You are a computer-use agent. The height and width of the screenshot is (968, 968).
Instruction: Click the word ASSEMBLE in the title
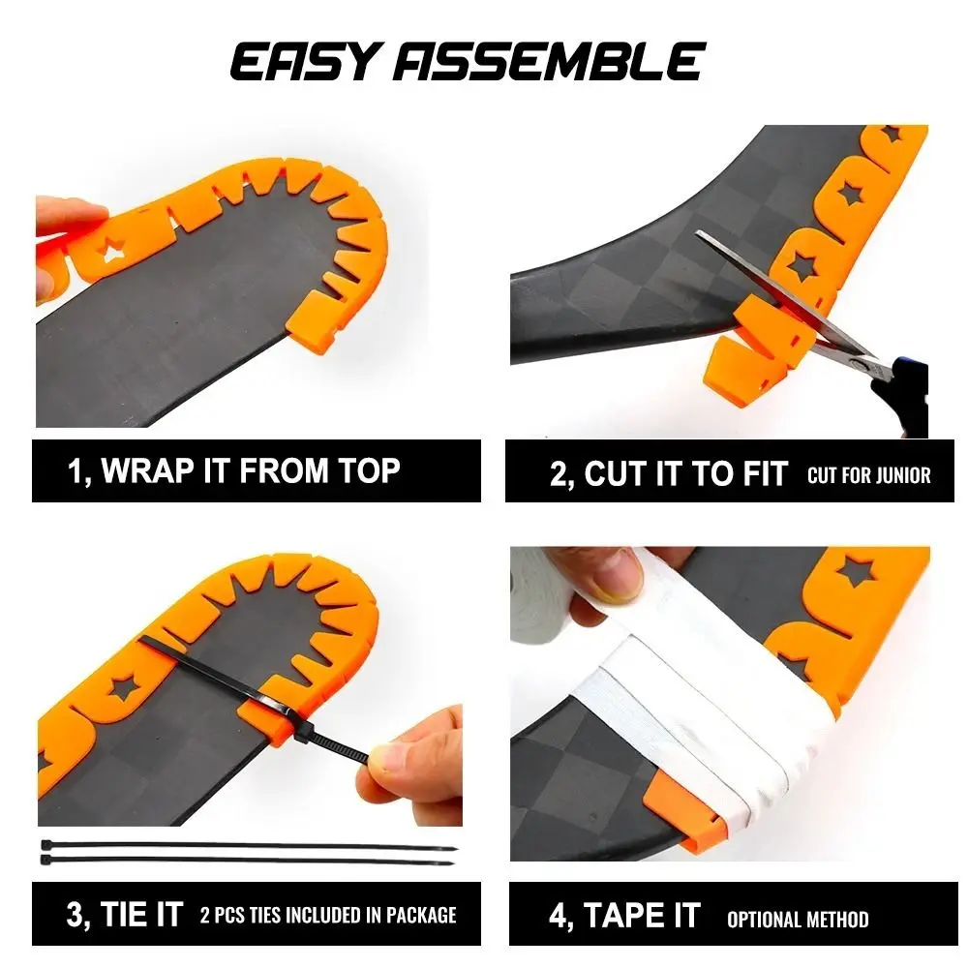pos(549,61)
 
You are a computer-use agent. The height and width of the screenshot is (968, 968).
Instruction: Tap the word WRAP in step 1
pos(147,471)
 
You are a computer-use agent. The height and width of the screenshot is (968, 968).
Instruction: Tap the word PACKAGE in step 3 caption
pos(421,915)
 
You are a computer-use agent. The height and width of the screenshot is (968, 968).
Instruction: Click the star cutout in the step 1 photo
pos(112,250)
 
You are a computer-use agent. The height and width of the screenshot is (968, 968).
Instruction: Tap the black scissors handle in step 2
pos(902,391)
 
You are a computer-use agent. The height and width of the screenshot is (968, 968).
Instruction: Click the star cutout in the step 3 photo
pos(124,687)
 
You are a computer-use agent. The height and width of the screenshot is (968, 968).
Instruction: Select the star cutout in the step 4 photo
pos(858,571)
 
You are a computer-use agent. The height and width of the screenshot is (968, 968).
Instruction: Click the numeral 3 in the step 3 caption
pos(74,915)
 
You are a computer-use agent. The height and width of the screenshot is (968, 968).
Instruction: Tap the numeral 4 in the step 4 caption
pos(558,916)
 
